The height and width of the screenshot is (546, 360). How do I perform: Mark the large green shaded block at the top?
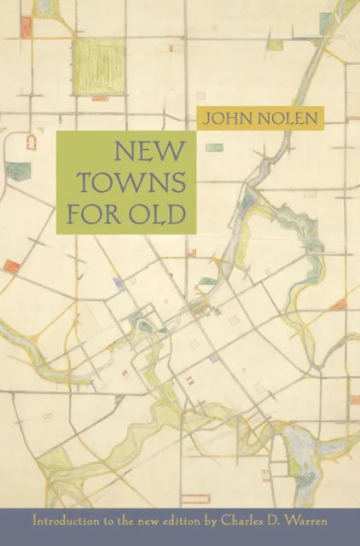tap(99, 67)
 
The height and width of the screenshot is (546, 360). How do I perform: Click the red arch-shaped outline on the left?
tap(32, 142)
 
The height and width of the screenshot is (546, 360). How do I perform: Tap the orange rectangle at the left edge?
tap(11, 266)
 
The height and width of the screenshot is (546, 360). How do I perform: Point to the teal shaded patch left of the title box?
tap(18, 171)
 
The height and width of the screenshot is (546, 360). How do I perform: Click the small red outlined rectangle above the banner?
tap(190, 380)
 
